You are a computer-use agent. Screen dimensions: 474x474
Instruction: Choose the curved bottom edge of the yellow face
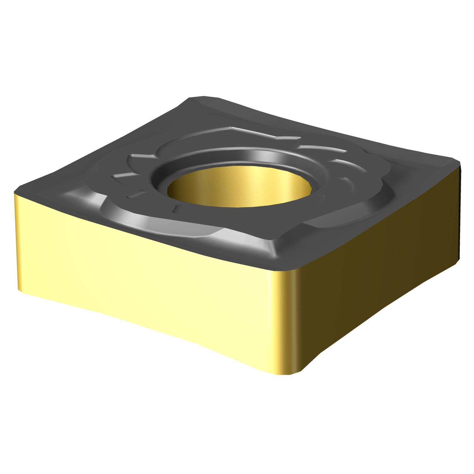tap(158, 332)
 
